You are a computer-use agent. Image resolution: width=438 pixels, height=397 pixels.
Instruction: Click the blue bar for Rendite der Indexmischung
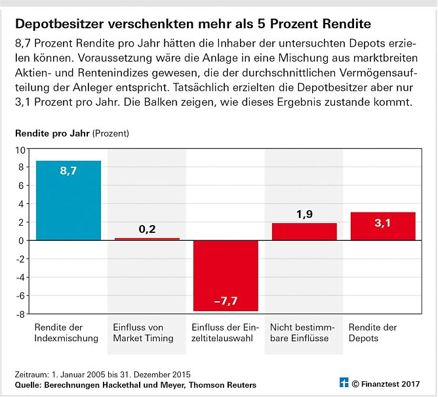tap(69, 200)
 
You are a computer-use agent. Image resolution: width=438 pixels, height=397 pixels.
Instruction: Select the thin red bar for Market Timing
tap(147, 239)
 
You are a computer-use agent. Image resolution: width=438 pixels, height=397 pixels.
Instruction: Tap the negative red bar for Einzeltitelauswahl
tap(226, 276)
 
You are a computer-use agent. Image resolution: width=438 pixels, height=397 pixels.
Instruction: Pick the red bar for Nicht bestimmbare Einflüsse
tap(304, 232)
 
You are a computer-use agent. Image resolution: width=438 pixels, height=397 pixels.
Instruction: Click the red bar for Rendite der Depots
tap(383, 226)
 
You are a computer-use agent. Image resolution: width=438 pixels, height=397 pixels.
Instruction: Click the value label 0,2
tap(147, 229)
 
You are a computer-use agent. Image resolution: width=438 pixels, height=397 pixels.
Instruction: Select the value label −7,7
tap(226, 302)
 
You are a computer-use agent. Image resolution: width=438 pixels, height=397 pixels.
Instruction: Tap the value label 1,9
tap(304, 214)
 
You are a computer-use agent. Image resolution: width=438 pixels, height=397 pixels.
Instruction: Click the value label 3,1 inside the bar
tap(383, 224)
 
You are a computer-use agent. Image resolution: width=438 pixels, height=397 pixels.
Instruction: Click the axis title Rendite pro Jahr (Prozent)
tap(72, 133)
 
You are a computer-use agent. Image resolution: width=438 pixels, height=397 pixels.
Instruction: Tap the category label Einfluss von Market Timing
tap(142, 333)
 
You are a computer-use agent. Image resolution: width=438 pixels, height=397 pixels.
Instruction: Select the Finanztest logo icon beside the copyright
tap(342, 383)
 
